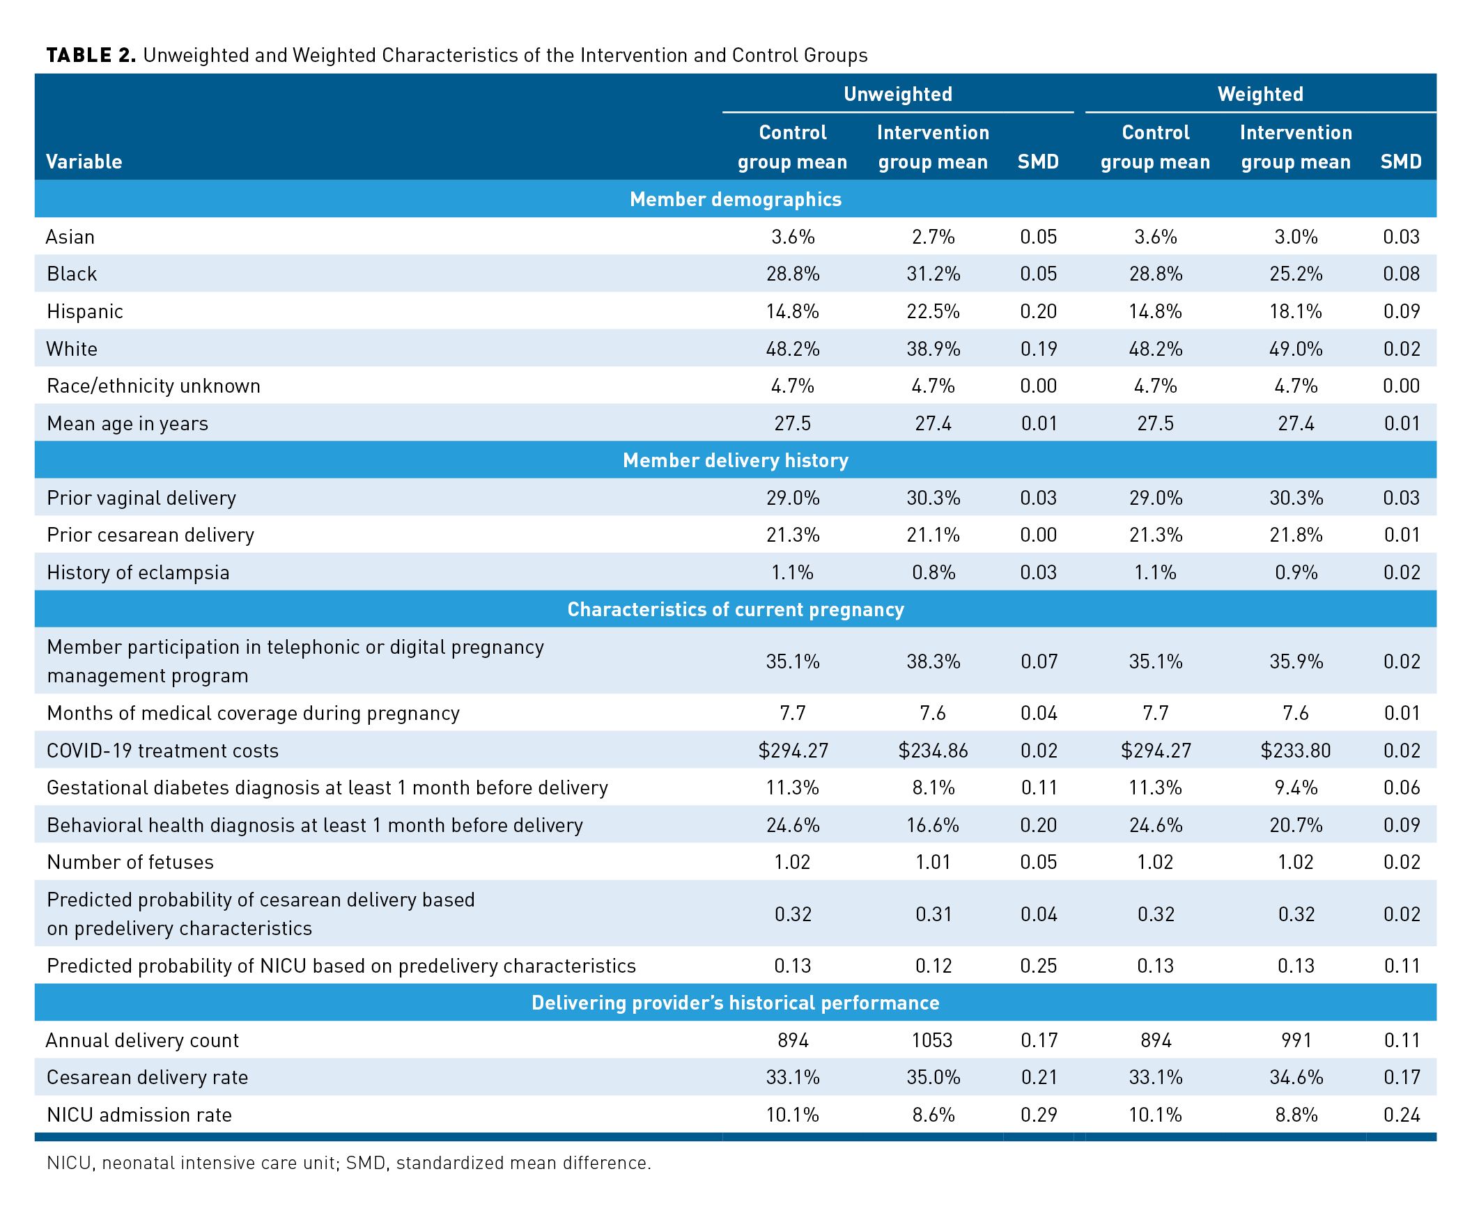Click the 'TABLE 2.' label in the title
(91, 55)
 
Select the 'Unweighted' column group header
(897, 95)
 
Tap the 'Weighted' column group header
(1260, 95)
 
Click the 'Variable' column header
(84, 162)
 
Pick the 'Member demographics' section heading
(735, 199)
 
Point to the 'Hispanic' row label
(85, 311)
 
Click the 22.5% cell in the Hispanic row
(933, 311)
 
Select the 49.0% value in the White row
(1296, 349)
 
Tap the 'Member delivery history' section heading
(735, 460)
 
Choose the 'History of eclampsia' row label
(138, 572)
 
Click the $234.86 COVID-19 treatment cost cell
(933, 751)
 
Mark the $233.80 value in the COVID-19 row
(1296, 751)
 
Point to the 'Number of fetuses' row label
(130, 862)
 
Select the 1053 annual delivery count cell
(933, 1041)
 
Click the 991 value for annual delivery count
(1296, 1041)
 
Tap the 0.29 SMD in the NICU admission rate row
(1038, 1115)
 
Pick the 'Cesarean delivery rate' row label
(147, 1077)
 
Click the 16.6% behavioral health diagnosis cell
(933, 825)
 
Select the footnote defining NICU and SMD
(349, 1163)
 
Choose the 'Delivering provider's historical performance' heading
(735, 1003)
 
